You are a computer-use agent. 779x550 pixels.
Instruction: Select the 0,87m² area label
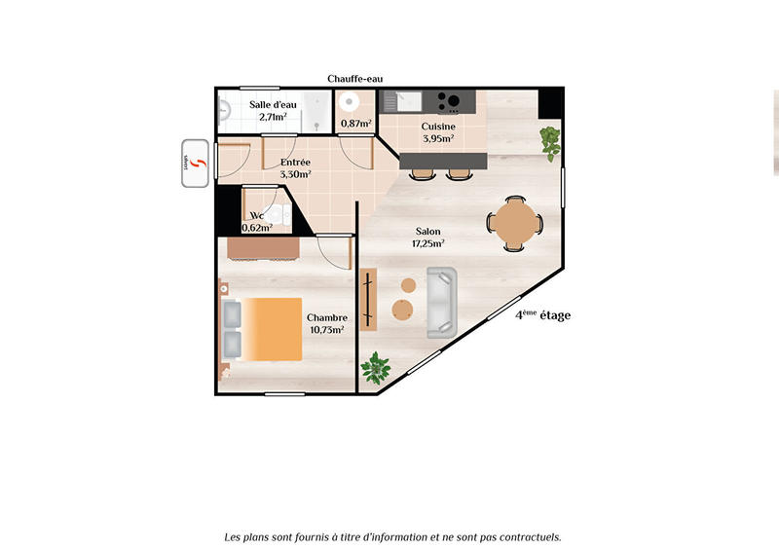356,124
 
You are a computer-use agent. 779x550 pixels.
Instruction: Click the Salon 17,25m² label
427,238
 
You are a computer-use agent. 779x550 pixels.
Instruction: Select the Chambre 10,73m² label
327,323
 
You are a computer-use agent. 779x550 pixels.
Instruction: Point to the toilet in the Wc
276,213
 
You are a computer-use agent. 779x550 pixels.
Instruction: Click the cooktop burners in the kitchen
449,99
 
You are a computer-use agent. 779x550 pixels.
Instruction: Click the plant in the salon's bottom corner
375,368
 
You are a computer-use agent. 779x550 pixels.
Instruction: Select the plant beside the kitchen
551,141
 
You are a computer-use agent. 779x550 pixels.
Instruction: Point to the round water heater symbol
352,101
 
